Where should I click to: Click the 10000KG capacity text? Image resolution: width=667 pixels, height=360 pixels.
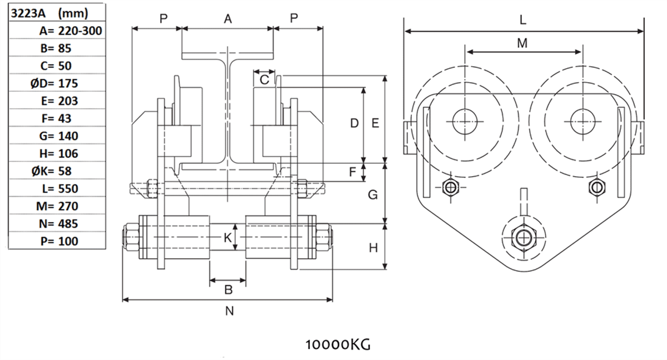(x=337, y=344)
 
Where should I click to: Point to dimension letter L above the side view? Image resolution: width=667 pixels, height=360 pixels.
(x=522, y=20)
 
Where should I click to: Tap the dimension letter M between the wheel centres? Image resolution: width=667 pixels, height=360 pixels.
(x=522, y=43)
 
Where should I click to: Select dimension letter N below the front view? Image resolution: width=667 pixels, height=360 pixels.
(x=229, y=311)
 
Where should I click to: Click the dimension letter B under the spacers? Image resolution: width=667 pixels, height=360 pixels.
(x=228, y=289)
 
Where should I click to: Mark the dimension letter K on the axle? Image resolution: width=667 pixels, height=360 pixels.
(x=227, y=238)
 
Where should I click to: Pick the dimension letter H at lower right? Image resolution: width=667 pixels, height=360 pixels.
(x=374, y=248)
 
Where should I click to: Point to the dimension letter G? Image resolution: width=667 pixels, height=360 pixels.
(x=374, y=195)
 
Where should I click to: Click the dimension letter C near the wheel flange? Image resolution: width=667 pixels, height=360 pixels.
(x=265, y=80)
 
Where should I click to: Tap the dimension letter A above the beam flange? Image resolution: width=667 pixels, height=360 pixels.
(x=228, y=19)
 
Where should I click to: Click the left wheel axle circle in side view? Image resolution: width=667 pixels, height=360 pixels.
(x=465, y=122)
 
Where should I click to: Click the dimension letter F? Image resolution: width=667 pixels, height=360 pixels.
(x=352, y=172)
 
